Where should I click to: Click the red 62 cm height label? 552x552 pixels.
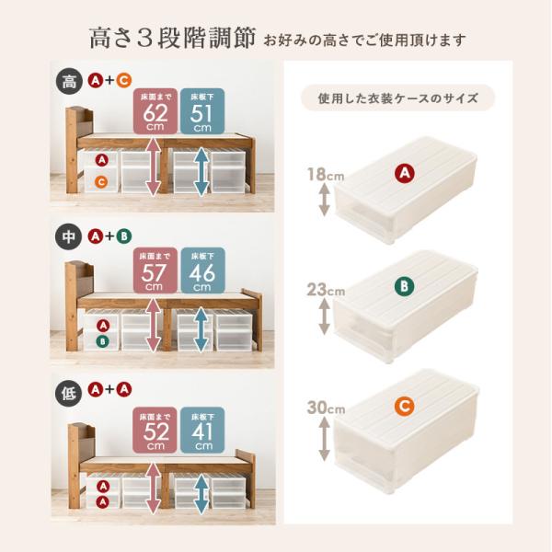pos(155,111)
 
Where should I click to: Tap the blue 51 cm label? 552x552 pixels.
pos(202,111)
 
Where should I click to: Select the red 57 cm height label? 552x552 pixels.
pos(155,270)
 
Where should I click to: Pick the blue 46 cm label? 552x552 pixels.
pos(202,270)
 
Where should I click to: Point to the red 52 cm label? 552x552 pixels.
pos(155,430)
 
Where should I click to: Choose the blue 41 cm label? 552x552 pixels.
pos(202,430)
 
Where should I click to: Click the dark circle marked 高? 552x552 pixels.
pos(69,82)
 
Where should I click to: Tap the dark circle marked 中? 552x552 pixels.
pos(69,236)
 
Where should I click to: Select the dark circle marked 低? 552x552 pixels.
pos(68,394)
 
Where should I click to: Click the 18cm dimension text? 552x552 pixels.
pos(326,174)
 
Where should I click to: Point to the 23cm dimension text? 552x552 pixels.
pos(326,290)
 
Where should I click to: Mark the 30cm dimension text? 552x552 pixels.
pos(326,408)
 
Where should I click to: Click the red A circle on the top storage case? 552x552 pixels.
pos(405,173)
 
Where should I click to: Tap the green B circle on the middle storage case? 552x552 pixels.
pos(404,286)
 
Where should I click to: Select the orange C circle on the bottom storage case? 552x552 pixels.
pos(405,406)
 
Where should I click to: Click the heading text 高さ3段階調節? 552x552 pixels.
pos(172,38)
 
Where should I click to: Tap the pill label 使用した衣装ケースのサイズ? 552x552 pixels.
pos(397,98)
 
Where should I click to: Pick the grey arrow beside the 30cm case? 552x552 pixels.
pos(324,439)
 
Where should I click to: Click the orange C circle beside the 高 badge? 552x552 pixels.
pos(124,81)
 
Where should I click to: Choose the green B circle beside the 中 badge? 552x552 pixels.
pos(124,236)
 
